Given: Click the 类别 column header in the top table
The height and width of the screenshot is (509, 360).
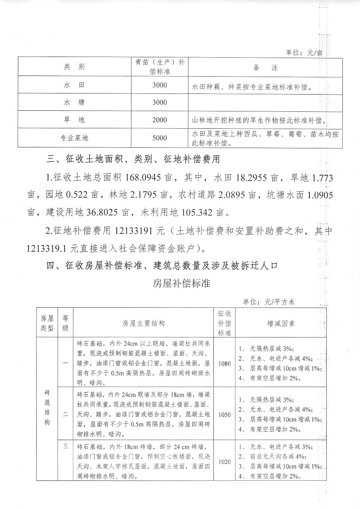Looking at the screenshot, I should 74,67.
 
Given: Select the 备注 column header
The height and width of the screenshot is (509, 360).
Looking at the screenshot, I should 265,67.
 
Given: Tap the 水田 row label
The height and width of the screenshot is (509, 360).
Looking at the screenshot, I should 74,85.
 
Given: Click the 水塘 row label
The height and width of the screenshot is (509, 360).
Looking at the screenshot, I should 74,103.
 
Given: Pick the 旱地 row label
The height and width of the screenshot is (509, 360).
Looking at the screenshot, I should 74,120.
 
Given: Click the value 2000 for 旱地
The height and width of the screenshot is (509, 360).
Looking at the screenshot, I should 160,120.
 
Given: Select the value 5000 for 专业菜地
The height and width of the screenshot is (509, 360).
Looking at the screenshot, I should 160,138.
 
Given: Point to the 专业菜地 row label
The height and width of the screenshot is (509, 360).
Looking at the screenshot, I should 74,138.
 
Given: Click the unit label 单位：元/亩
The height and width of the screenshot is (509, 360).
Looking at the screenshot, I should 303,53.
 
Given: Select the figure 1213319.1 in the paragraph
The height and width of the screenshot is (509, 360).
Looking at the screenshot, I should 47,249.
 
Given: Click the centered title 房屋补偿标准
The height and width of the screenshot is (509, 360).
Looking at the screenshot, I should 181,283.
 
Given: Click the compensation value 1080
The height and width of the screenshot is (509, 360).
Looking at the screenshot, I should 224,363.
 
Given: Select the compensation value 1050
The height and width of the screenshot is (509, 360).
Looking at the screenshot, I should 224,414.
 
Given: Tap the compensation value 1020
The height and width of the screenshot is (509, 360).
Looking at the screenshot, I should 224,462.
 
